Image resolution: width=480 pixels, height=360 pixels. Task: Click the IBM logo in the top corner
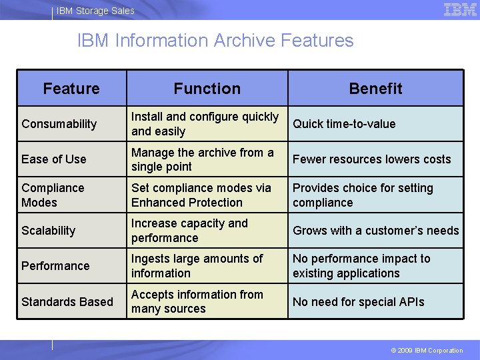(x=460, y=9)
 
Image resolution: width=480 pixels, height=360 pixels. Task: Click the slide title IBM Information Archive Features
(x=215, y=41)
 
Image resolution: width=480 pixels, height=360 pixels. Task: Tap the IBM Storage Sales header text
(x=95, y=11)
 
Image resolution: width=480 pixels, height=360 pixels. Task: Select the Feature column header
(x=71, y=89)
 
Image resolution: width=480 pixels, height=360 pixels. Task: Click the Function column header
(x=207, y=89)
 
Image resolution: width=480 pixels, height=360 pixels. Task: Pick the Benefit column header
(x=375, y=89)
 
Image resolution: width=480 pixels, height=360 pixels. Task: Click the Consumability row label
(x=59, y=124)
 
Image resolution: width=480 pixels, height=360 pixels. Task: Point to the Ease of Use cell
(x=54, y=159)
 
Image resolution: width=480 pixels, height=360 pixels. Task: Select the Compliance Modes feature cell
(x=53, y=195)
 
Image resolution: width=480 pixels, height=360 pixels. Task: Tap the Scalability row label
(x=49, y=231)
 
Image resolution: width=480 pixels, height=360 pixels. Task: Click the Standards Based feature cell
(x=67, y=301)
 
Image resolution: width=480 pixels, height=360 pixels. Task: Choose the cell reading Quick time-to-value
(x=344, y=124)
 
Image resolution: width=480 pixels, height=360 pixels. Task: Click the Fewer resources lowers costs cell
(x=372, y=159)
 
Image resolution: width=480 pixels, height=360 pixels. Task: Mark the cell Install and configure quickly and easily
(x=205, y=124)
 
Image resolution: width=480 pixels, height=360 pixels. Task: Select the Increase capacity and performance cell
(x=189, y=231)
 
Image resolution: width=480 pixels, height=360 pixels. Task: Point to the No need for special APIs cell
(x=359, y=301)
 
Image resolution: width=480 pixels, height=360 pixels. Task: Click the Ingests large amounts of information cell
(x=197, y=266)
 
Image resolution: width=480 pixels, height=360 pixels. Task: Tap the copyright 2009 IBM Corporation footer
(x=427, y=351)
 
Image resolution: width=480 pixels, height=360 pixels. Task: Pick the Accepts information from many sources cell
(x=197, y=301)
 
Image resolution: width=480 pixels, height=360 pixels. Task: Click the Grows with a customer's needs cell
(x=376, y=231)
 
